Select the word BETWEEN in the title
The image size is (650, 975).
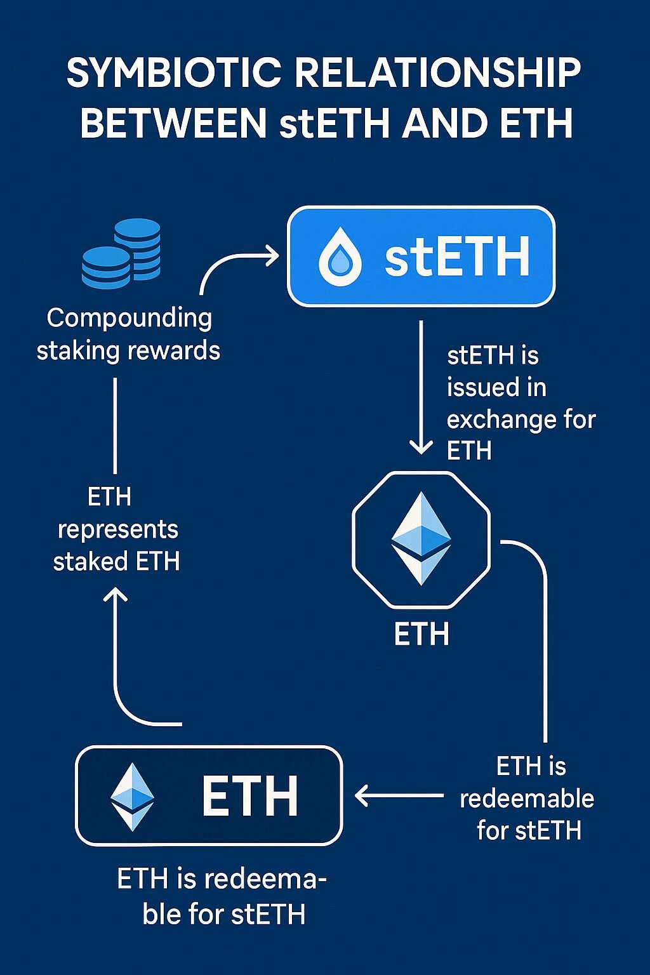[173, 123]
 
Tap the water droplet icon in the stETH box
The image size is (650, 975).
[340, 257]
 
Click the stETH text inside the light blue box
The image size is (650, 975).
[457, 257]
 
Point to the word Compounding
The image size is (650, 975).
[129, 318]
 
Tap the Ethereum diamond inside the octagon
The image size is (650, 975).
[421, 538]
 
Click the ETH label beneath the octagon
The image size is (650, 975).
[421, 634]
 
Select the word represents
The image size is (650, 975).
[117, 529]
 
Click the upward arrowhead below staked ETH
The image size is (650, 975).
[116, 595]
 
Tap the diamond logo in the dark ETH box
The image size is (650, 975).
[132, 797]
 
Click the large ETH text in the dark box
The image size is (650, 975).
[250, 796]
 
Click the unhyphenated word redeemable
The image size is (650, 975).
[527, 799]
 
